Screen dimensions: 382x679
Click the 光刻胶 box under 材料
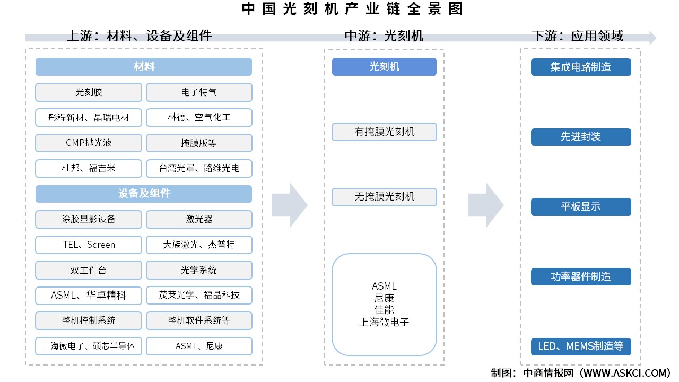[x=89, y=92]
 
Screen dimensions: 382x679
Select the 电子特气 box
[x=199, y=92]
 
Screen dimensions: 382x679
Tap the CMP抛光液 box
[x=89, y=143]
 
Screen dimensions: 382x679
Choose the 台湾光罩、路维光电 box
[x=199, y=169]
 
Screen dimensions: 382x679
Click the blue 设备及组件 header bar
[x=144, y=194]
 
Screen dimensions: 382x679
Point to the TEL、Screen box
[x=89, y=245]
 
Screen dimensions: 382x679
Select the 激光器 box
[x=199, y=219]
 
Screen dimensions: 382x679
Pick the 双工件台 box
[x=89, y=270]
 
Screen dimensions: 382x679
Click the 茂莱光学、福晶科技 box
[x=199, y=296]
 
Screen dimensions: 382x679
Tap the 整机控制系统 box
[x=89, y=320]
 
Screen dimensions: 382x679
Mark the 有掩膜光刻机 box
[x=384, y=132]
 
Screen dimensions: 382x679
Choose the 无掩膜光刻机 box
[x=384, y=197]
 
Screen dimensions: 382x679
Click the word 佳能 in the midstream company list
[x=384, y=310]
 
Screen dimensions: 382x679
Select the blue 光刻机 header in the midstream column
[x=384, y=67]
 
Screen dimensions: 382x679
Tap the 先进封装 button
[x=581, y=137]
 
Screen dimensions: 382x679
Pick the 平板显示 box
[x=581, y=207]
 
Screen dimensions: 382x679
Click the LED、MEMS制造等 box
[x=581, y=347]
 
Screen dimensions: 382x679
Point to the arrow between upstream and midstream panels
[x=290, y=205]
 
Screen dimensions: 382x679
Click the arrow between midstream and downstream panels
[x=485, y=205]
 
